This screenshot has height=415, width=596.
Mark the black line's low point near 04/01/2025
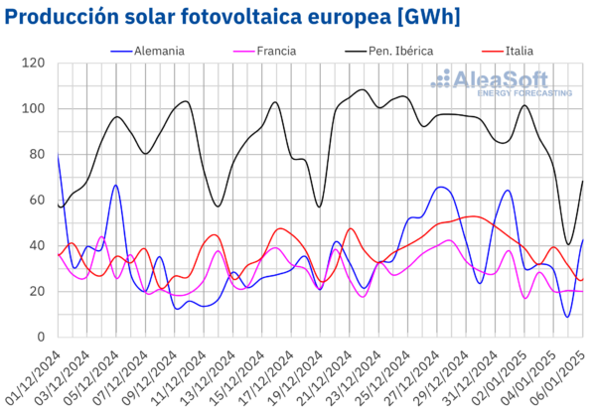point(568,244)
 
